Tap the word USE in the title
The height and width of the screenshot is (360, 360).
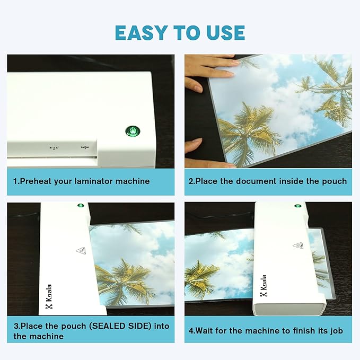[223, 32]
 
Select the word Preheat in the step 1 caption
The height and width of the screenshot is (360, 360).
[37, 181]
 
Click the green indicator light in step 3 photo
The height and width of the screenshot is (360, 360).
[81, 205]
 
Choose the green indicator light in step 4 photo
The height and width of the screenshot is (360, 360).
[297, 205]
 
